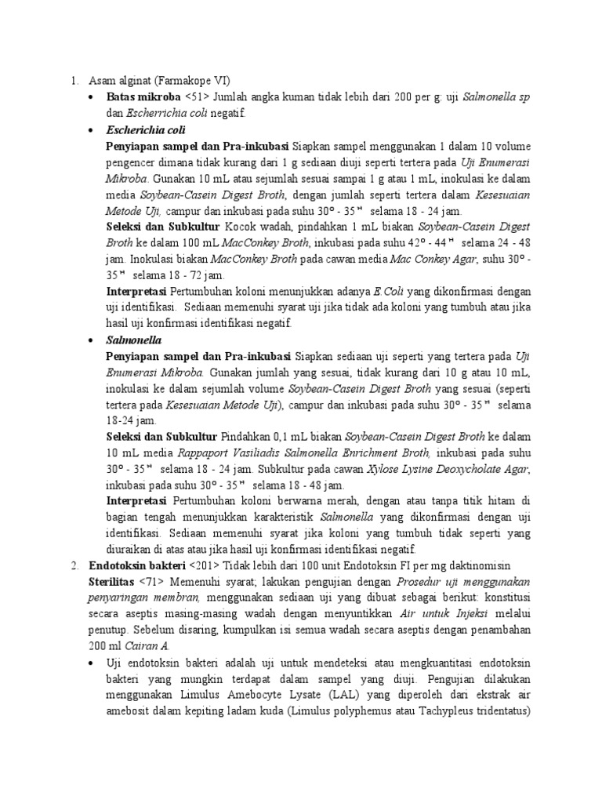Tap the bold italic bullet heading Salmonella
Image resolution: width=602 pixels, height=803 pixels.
point(133,341)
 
